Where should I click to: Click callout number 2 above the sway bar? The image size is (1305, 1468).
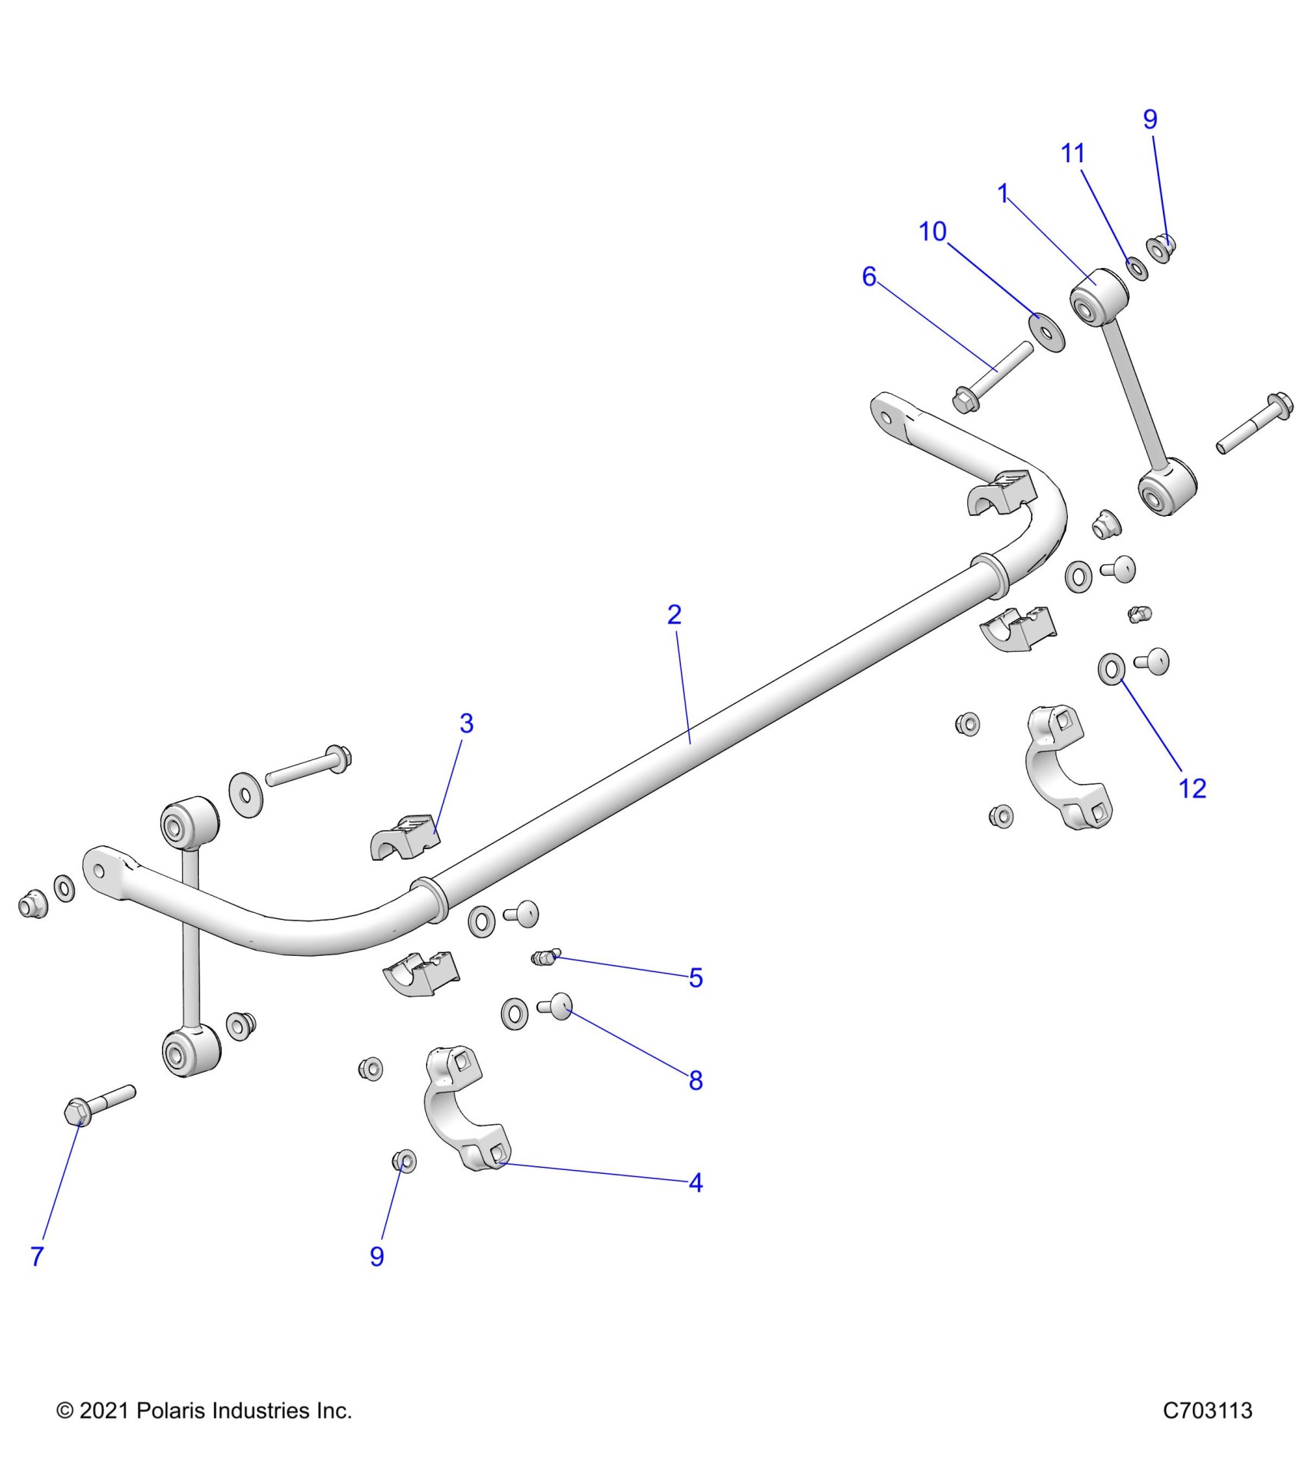coord(674,615)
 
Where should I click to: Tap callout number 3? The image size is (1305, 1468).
coord(466,723)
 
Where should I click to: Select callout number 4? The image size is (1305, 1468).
coord(695,1183)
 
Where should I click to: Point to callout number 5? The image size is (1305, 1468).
coord(695,978)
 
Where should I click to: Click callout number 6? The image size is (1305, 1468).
coord(868,276)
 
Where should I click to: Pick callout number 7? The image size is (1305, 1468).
coord(37,1257)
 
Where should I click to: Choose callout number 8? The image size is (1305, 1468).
coord(695,1081)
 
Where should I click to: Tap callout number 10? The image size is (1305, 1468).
coord(933,232)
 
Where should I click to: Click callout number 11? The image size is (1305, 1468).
coord(1072,154)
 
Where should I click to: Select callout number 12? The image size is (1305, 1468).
coord(1191,789)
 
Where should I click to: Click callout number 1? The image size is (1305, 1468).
coord(1003,193)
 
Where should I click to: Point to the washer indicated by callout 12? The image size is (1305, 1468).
coord(1111,669)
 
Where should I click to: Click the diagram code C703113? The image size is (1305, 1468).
coord(1207,1410)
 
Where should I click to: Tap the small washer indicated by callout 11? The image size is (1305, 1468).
coord(1136,269)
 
